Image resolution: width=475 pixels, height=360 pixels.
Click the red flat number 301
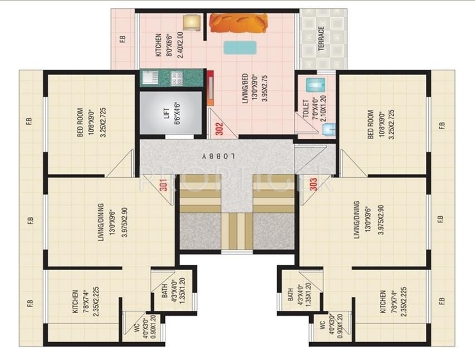click(x=164, y=184)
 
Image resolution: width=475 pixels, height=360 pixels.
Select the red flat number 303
click(x=314, y=184)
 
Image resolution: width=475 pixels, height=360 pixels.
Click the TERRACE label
click(x=321, y=38)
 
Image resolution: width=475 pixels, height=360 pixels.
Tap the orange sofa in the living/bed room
click(x=238, y=23)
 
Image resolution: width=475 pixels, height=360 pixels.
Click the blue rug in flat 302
click(x=240, y=47)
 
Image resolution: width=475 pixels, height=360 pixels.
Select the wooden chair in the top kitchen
click(x=191, y=22)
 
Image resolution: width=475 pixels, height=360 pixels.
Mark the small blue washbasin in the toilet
click(x=328, y=129)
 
